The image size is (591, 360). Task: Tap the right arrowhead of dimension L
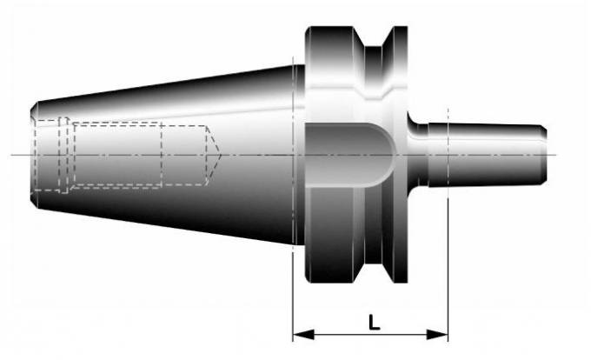pos(443,335)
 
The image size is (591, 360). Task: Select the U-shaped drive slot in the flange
pos(348,154)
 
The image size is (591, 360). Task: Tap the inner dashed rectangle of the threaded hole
pos(117,154)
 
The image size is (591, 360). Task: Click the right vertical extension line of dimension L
pos(448,261)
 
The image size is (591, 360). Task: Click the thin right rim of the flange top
pos(401,52)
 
